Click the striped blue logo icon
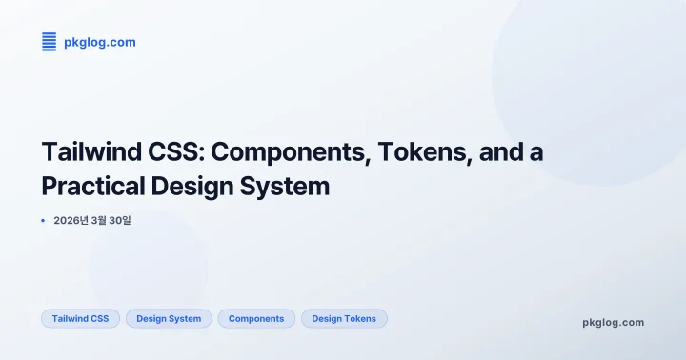49,41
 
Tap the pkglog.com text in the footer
613,322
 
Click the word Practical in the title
94,186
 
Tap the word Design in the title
198,186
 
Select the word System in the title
290,186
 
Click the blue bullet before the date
43,221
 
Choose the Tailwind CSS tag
80,318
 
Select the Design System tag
169,318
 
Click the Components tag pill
256,318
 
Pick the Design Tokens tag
344,318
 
